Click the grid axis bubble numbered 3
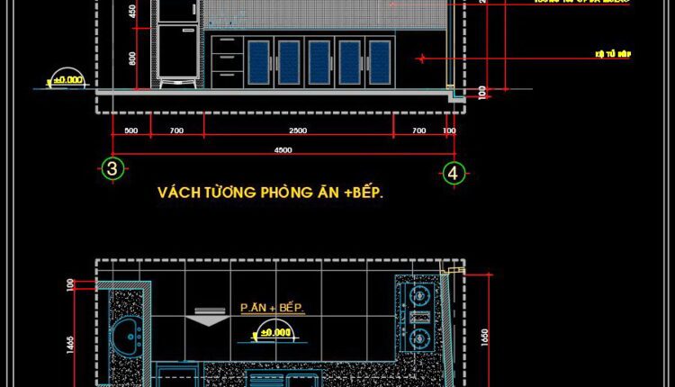(x=112, y=168)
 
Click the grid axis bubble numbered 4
(x=454, y=172)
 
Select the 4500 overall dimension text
(x=283, y=150)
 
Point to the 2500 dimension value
(x=298, y=131)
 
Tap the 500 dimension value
(x=131, y=131)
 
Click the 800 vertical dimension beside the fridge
(x=132, y=58)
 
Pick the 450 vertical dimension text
(x=132, y=12)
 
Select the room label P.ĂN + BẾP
(x=273, y=308)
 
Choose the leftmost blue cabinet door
(x=257, y=62)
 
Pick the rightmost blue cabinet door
(x=380, y=62)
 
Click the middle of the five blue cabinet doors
(x=319, y=62)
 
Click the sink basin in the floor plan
(x=131, y=336)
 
